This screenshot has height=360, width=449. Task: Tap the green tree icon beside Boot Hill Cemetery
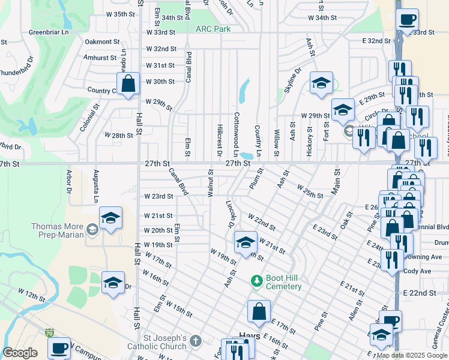point(256,281)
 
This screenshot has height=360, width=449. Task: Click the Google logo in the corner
point(20,353)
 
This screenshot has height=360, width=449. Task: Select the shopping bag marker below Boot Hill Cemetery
point(259,311)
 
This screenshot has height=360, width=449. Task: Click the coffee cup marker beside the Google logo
point(59,347)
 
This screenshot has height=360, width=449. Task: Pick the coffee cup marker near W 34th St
point(408,19)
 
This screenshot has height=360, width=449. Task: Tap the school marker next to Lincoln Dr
point(245,242)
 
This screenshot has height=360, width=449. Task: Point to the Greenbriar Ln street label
point(50,32)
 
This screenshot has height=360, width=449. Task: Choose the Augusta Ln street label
point(95,185)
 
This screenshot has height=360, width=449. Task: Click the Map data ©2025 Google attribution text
point(411,355)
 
